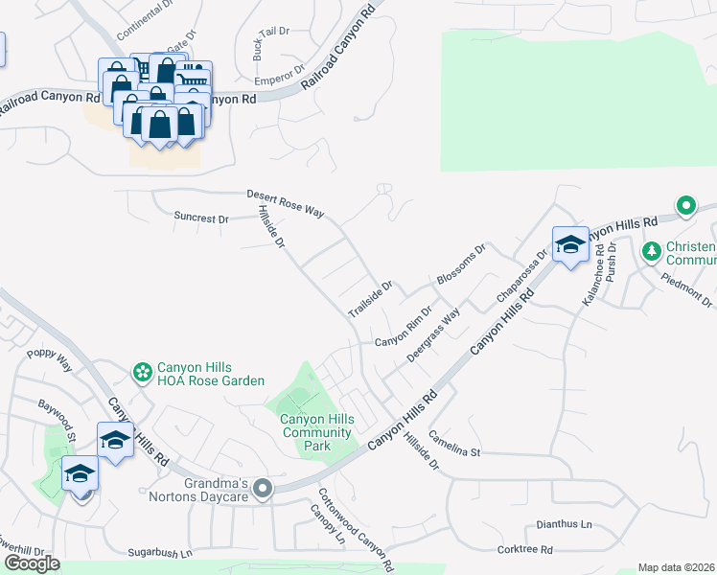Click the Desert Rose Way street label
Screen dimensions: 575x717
pyautogui.click(x=285, y=201)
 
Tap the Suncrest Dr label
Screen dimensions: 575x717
pyautogui.click(x=201, y=218)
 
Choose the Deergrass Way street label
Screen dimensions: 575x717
pyautogui.click(x=433, y=334)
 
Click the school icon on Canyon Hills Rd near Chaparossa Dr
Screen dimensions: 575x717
pyautogui.click(x=570, y=244)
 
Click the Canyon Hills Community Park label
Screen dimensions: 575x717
pyautogui.click(x=316, y=432)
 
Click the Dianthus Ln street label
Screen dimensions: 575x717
pyautogui.click(x=560, y=525)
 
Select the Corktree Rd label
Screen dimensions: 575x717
pyautogui.click(x=525, y=550)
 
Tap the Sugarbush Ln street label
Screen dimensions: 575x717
pyautogui.click(x=160, y=554)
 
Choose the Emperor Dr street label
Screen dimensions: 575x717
pyautogui.click(x=287, y=69)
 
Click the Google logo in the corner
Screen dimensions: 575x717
pyautogui.click(x=32, y=563)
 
